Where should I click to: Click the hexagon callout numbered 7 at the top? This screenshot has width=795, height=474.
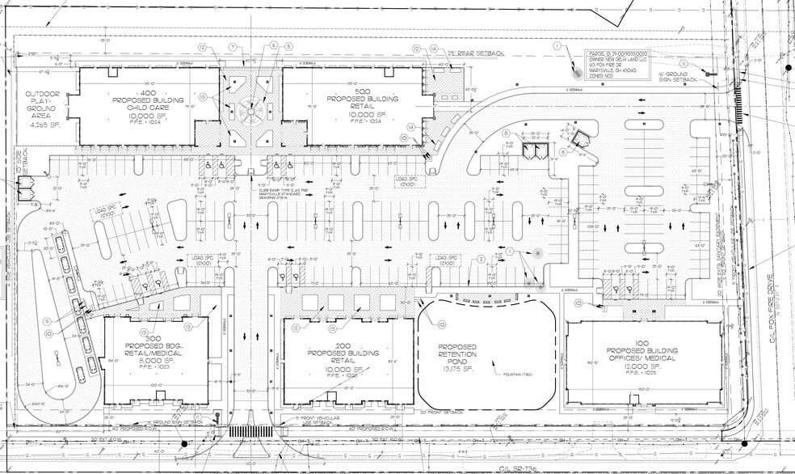(x=233, y=48)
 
